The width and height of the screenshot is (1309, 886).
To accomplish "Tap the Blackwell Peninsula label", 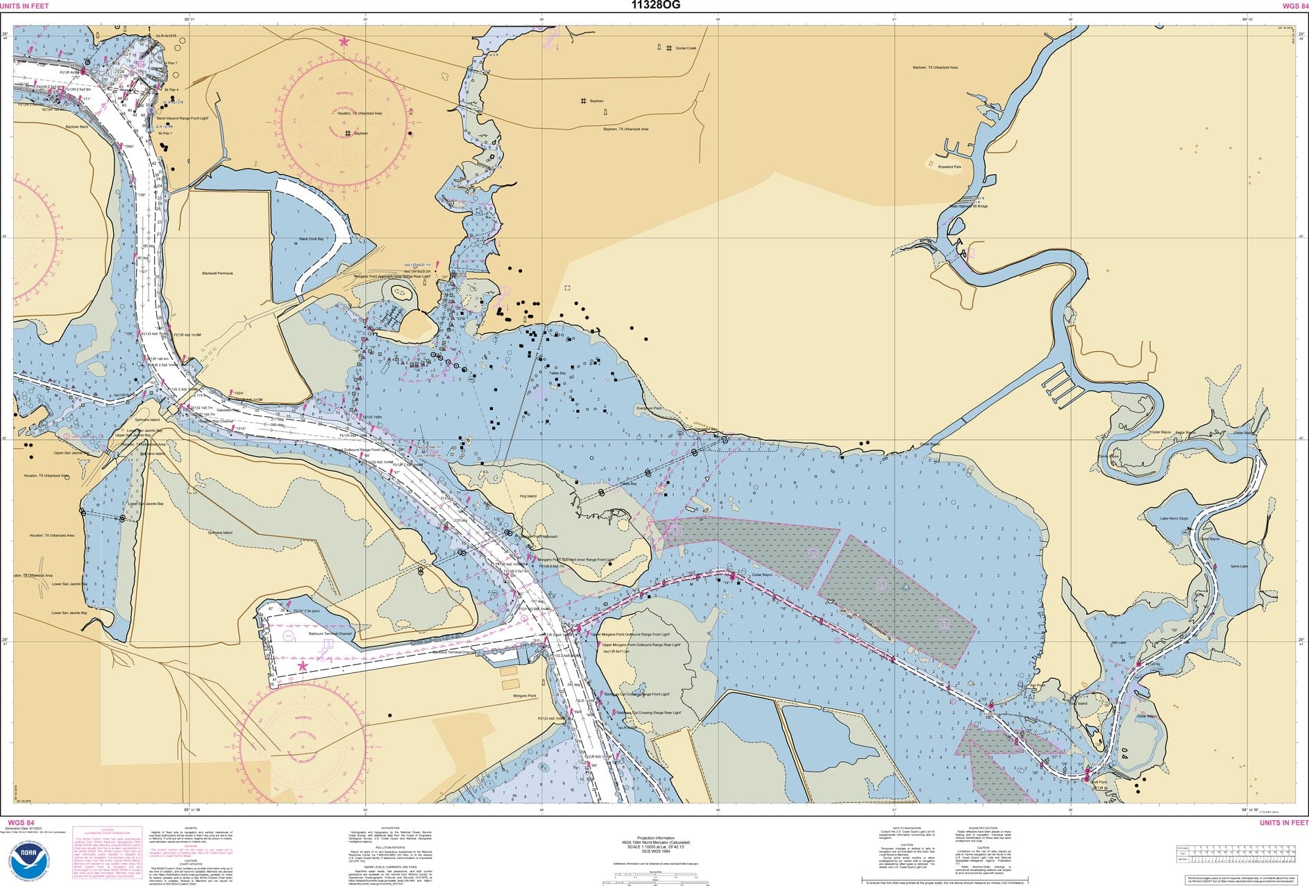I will coord(217,273).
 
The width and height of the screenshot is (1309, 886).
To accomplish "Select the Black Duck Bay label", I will coord(311,239).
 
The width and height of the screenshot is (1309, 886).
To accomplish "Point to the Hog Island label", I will coord(527,496).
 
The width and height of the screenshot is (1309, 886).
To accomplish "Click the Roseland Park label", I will coord(949,167).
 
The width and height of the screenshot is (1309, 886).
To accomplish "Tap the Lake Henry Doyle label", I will coord(1174,518).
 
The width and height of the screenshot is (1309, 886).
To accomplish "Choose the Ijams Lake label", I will coord(1239,566).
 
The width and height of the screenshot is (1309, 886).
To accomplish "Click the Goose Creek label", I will coord(685,48).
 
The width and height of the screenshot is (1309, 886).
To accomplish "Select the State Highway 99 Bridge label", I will coord(968,206).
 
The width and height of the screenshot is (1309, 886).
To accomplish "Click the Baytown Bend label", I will coord(76,127).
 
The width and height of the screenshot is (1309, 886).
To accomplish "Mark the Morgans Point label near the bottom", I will coord(524,695).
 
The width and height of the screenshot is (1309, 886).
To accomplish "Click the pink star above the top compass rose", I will coord(344,42).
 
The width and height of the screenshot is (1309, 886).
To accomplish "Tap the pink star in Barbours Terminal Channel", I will coord(302,666).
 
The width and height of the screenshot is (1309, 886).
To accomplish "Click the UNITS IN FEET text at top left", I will coord(24,6).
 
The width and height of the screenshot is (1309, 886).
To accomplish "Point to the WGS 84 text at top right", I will coord(1290,6).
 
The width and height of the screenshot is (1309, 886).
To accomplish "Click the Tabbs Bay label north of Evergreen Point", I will coord(557,373).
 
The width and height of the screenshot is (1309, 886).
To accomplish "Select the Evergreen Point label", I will coord(649,409).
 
